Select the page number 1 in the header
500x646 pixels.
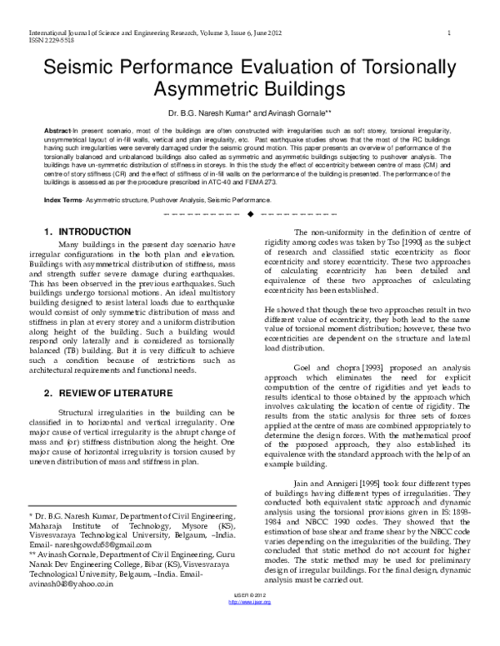pos(449,33)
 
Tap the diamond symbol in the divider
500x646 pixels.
pos(249,216)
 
